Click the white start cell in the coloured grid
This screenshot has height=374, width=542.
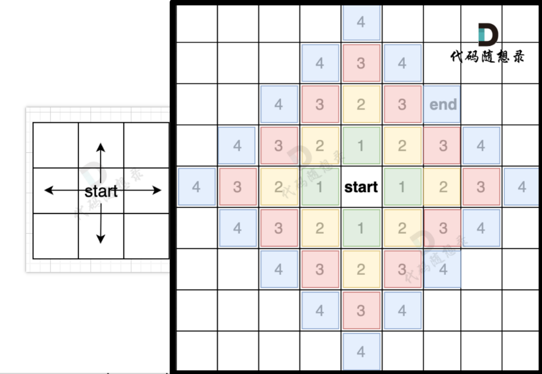pos(361,187)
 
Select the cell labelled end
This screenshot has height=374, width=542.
pos(443,104)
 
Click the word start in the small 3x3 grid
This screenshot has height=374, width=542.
pos(101,191)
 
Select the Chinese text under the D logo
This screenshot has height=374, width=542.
pos(487,56)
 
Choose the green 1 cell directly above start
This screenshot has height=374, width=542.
pos(361,146)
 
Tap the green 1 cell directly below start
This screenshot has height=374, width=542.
pos(361,228)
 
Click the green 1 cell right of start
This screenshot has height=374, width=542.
pos(402,187)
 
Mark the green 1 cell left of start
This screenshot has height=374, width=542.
pos(320,187)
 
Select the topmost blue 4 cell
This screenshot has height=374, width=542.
pos(361,22)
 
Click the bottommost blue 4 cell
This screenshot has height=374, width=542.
pos(361,352)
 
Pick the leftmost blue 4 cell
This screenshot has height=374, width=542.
pos(196,187)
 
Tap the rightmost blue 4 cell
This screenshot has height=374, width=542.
pos(522,187)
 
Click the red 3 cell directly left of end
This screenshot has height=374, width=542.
pos(402,104)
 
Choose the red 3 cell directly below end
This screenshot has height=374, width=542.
pos(443,146)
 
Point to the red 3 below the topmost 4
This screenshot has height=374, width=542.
pos(361,63)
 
